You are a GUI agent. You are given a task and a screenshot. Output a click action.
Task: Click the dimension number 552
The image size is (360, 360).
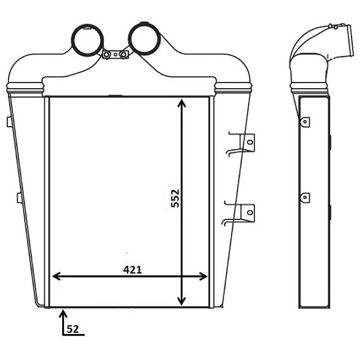[x=175, y=198]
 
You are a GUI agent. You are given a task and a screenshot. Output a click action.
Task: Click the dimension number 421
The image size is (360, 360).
[x=132, y=270]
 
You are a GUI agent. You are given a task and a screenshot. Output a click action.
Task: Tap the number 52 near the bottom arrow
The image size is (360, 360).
[x=73, y=329]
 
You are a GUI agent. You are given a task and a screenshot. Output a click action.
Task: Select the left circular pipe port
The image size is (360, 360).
[x=87, y=40]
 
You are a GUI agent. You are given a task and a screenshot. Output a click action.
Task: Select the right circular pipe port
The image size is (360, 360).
[x=144, y=38]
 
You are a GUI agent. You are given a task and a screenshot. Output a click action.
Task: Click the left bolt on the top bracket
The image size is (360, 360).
[x=106, y=55]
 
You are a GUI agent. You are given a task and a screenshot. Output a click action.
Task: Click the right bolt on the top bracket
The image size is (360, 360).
[x=124, y=55]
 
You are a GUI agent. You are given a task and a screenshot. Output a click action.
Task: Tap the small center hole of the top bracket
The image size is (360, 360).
[x=115, y=55]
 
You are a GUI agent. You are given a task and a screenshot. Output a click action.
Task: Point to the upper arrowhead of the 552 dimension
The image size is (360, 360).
[x=181, y=103]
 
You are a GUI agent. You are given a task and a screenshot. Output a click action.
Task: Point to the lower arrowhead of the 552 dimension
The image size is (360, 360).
[x=181, y=301]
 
